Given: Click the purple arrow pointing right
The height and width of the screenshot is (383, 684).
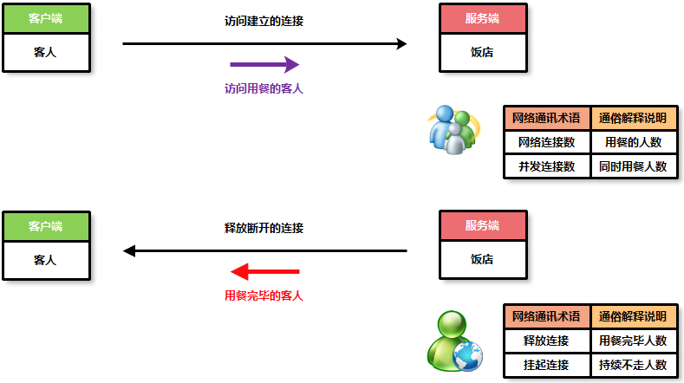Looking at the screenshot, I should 264,65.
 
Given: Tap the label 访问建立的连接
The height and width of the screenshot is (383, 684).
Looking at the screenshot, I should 264,22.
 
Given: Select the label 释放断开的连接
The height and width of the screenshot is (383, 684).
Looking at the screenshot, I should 264,229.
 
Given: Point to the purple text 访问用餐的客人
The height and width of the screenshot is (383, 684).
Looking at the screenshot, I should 264,88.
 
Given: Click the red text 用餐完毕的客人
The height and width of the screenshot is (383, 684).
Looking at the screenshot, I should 264,295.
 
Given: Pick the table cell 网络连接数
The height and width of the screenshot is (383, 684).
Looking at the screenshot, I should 547,142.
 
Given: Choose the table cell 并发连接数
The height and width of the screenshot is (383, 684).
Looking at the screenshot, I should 547,166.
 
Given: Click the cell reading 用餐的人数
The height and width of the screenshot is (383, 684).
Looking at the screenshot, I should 633,142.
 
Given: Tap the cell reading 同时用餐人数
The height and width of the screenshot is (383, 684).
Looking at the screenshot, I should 633,166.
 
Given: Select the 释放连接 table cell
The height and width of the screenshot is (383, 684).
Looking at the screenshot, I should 547,341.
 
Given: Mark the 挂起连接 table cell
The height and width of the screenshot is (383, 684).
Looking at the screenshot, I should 547,365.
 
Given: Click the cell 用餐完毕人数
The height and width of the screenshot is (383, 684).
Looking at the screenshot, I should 633,341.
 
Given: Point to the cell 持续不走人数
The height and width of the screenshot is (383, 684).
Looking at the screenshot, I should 633,365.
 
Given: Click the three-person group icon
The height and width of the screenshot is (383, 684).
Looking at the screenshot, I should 453,130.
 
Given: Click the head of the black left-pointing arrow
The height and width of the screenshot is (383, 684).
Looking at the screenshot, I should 130,251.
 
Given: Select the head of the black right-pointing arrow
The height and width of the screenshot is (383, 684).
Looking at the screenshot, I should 401,43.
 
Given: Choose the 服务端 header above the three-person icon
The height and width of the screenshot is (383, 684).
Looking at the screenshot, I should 482,18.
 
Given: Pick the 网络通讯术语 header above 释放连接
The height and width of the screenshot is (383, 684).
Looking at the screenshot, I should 547,316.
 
